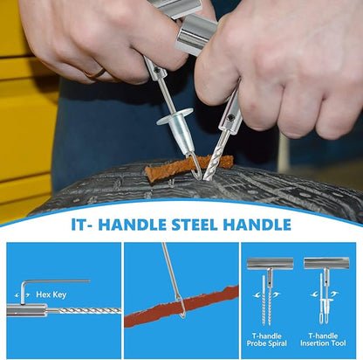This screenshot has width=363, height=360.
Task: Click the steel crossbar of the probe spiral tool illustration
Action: point(270,263)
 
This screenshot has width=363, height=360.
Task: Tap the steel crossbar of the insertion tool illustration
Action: point(326,263)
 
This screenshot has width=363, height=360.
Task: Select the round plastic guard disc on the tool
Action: point(175,116)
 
